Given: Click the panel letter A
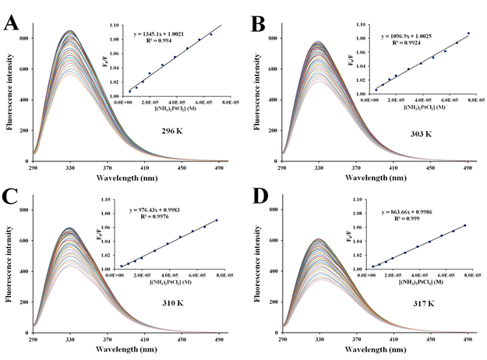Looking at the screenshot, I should tap(11, 22).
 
